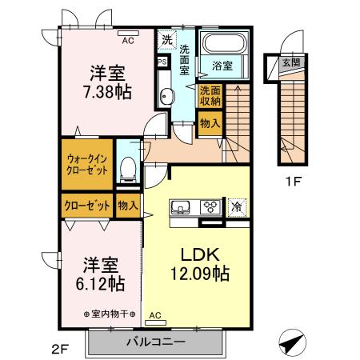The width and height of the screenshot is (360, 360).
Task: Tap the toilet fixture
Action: tap(127, 166)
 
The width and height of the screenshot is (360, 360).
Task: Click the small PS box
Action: tap(162, 62)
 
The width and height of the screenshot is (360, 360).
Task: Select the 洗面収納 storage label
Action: tap(210, 96)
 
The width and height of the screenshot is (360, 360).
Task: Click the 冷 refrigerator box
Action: tap(236, 206)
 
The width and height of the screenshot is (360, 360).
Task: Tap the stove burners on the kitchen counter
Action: tap(210, 206)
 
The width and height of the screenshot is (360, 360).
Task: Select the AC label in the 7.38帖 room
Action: tap(128, 36)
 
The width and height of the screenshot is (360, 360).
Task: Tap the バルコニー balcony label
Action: tap(156, 342)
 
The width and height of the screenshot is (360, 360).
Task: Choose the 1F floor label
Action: tap(293, 181)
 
